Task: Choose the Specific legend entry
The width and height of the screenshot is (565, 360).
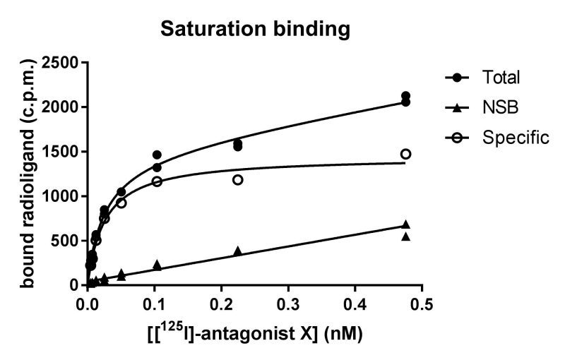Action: [516, 138]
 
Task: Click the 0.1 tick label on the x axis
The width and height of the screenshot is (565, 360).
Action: [154, 304]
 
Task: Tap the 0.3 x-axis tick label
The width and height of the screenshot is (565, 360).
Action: [287, 304]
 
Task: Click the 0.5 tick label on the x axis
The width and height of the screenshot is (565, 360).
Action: [421, 304]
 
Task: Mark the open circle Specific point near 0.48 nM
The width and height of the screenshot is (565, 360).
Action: [405, 154]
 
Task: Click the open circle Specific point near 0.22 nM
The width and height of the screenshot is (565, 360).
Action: [237, 180]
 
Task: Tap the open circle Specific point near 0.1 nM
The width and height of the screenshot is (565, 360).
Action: [157, 181]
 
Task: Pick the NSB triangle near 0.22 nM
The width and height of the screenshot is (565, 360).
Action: [237, 251]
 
